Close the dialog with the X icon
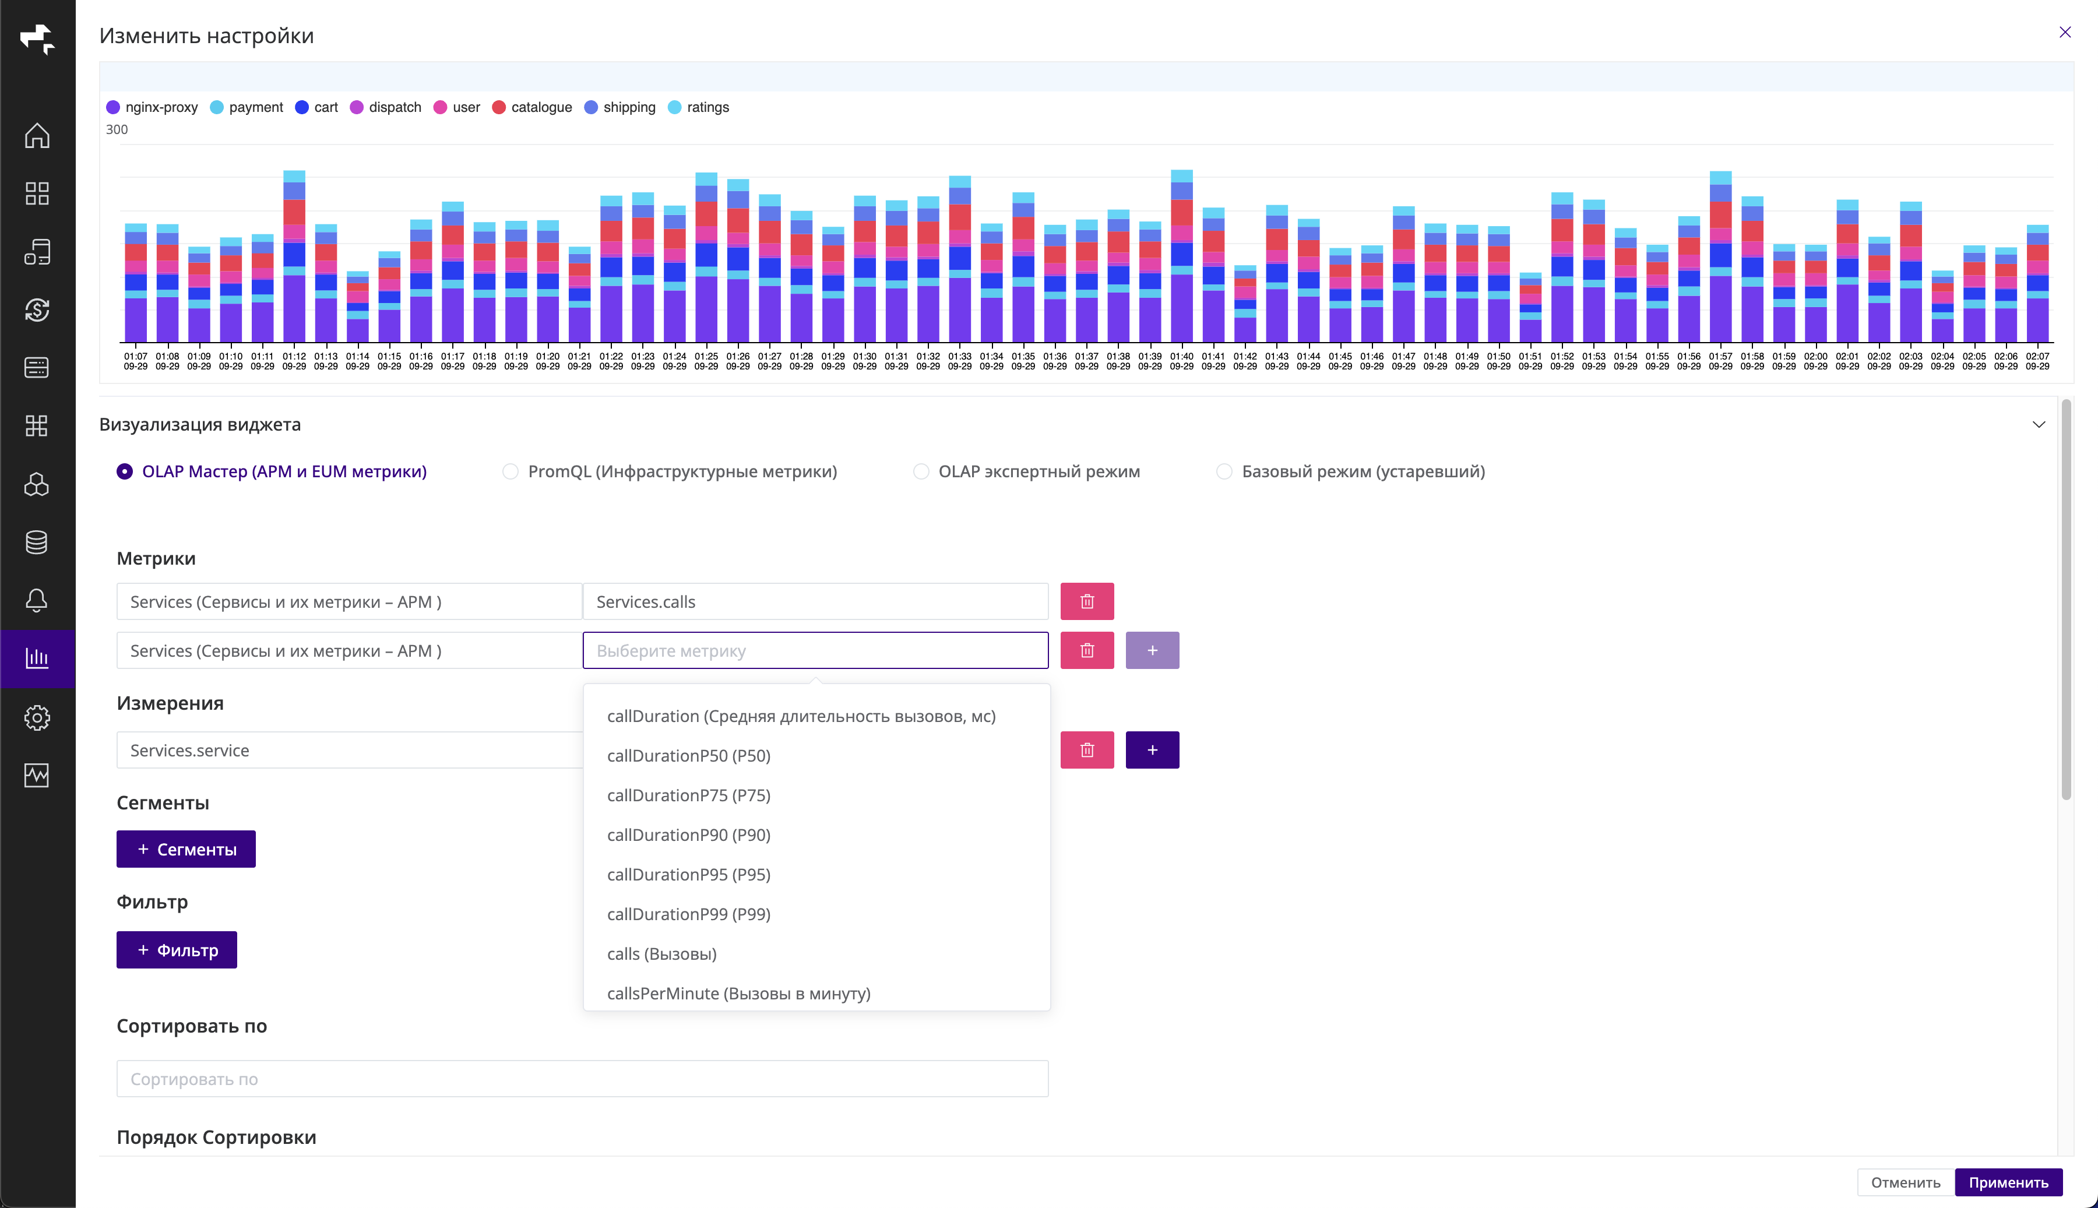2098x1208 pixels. tap(2065, 33)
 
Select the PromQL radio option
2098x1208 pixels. tap(510, 471)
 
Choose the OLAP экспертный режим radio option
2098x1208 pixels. tap(921, 471)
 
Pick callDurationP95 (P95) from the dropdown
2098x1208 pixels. tap(688, 875)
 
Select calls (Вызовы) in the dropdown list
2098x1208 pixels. tap(661, 953)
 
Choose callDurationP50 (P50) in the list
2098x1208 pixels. tap(688, 756)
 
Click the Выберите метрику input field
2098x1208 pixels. tap(815, 650)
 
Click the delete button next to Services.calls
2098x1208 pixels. tap(1087, 601)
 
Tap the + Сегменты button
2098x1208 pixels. tap(186, 849)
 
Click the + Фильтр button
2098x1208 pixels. tap(177, 949)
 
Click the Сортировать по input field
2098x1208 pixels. tap(582, 1079)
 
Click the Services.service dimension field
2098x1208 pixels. tap(349, 750)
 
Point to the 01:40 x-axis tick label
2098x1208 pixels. tap(1181, 361)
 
